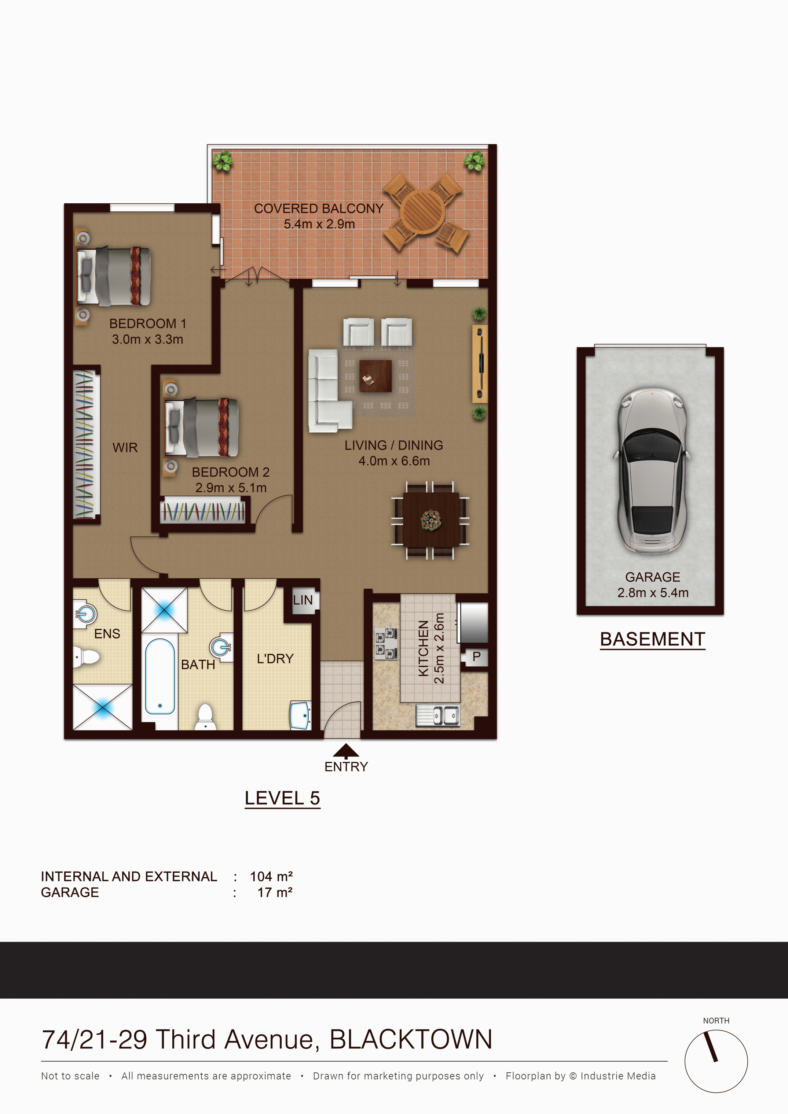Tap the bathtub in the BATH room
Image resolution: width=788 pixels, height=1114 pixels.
[160, 676]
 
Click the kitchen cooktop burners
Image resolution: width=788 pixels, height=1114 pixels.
[386, 644]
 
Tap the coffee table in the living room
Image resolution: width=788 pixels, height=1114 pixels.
[375, 375]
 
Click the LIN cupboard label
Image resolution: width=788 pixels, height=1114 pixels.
[303, 600]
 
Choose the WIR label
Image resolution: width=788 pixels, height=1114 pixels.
[125, 447]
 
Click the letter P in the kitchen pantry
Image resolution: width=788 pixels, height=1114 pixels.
[476, 656]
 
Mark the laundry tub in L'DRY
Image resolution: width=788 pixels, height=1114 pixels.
[301, 715]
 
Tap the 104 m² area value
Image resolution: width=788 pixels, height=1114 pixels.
[271, 876]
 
